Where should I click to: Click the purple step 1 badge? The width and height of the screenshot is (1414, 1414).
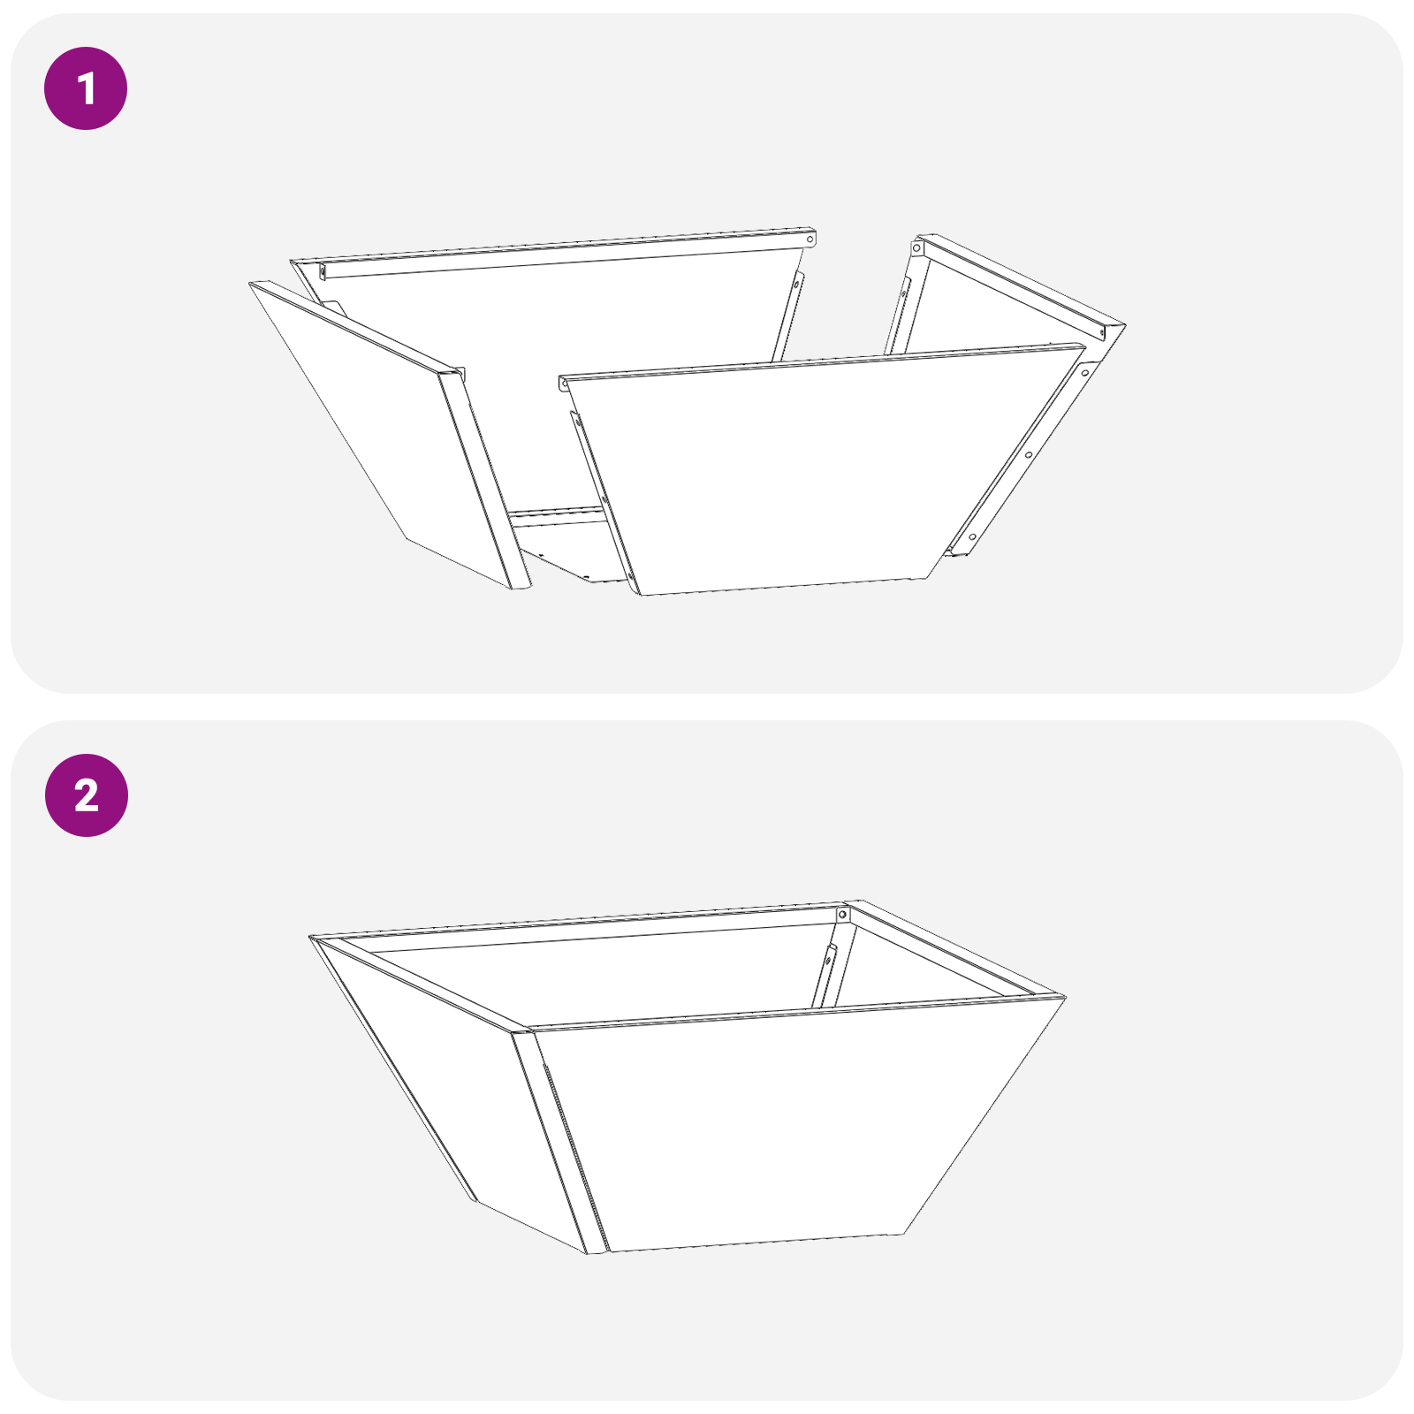(86, 88)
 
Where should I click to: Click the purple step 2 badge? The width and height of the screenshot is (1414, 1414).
(86, 795)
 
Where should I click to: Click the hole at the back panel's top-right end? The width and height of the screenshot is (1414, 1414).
(810, 239)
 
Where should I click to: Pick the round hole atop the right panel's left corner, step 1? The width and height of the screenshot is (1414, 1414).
(917, 249)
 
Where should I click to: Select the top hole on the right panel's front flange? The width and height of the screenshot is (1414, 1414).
(1085, 373)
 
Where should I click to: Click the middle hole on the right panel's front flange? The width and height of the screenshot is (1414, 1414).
(1029, 455)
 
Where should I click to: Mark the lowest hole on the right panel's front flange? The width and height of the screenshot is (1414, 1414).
(973, 536)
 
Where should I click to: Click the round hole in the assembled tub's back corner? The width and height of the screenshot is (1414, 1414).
(843, 914)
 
